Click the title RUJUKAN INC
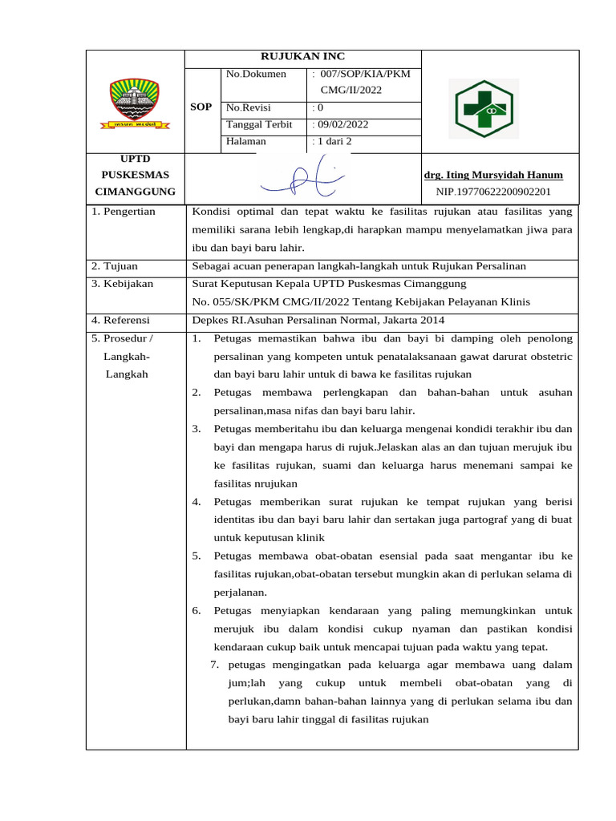(302, 56)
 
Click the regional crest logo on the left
(135, 103)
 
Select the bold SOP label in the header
(202, 107)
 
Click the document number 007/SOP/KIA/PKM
(364, 75)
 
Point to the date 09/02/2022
(343, 124)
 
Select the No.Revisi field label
(249, 107)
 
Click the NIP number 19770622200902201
(493, 192)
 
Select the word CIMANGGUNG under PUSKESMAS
(134, 192)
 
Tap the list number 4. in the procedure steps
(196, 502)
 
